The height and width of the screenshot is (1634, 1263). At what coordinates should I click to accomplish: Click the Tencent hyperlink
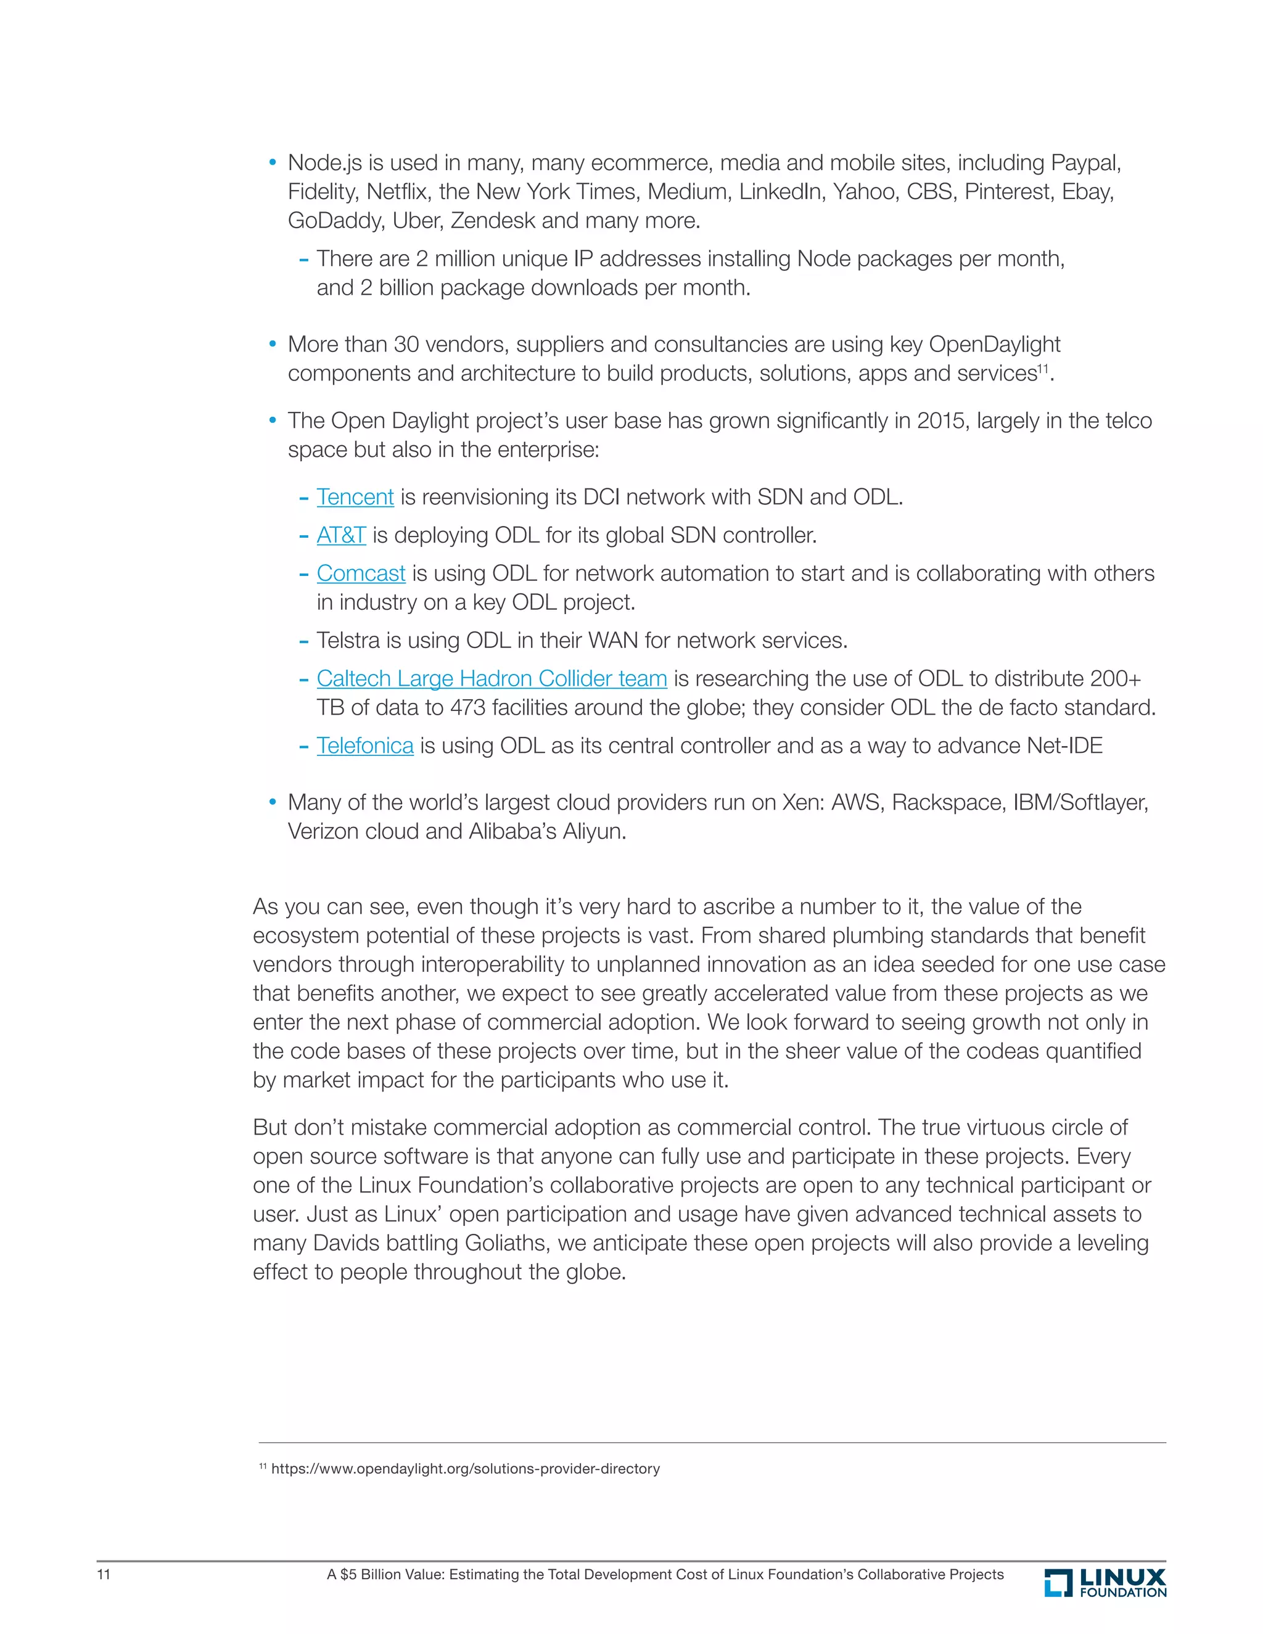pos(355,497)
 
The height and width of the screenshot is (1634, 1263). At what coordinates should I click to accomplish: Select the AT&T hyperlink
pos(341,535)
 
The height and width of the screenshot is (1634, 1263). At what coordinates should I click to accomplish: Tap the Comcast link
pos(361,573)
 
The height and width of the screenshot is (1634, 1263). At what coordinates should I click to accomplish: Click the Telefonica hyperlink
pos(364,745)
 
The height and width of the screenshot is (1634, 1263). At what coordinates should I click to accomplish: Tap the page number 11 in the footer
pos(104,1574)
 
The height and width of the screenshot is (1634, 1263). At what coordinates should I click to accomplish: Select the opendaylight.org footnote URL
pos(466,1469)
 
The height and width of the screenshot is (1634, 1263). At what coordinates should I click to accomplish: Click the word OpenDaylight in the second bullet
pos(994,344)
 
